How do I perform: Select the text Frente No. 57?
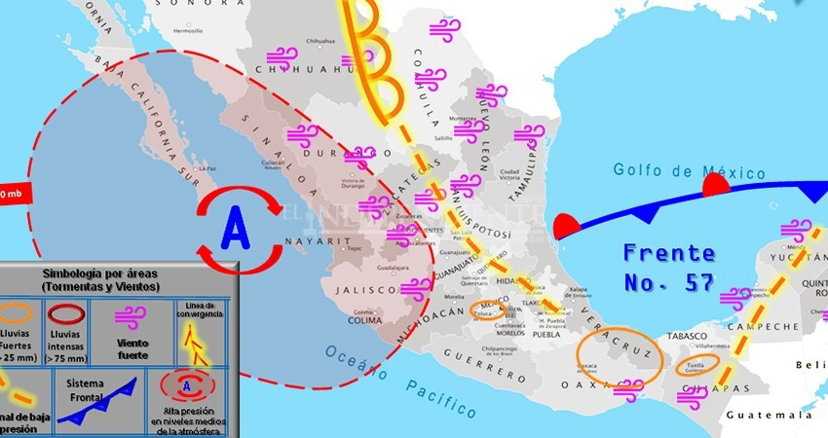pos(669,268)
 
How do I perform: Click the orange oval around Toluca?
pos(487,310)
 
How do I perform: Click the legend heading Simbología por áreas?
pos(114,281)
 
